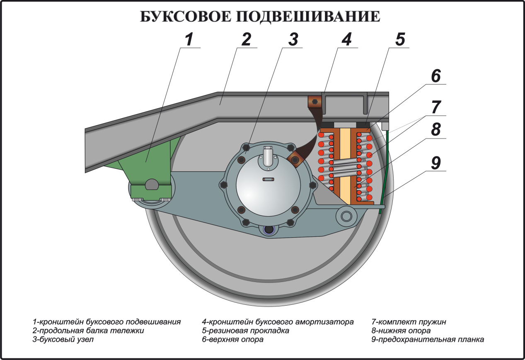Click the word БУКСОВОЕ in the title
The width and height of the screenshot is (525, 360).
[186, 17]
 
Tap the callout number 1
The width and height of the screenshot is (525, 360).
[189, 39]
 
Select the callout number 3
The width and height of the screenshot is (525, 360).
[293, 39]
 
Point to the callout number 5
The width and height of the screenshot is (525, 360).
[400, 39]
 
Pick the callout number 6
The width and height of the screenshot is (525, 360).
[435, 76]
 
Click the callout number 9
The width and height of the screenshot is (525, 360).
[435, 163]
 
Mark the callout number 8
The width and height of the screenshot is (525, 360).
[435, 129]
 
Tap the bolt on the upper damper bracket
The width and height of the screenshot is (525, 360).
[315, 102]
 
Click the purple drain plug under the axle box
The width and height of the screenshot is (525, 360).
[269, 230]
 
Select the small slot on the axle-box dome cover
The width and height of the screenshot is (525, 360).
[269, 180]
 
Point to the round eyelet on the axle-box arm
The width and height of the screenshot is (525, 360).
[346, 216]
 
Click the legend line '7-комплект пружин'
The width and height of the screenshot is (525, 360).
[409, 322]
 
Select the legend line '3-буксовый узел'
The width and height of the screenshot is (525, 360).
[63, 339]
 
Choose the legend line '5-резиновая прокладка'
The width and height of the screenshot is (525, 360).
[245, 331]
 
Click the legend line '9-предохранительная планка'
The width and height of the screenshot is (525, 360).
[428, 339]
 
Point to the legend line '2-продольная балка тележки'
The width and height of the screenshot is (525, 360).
[88, 331]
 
